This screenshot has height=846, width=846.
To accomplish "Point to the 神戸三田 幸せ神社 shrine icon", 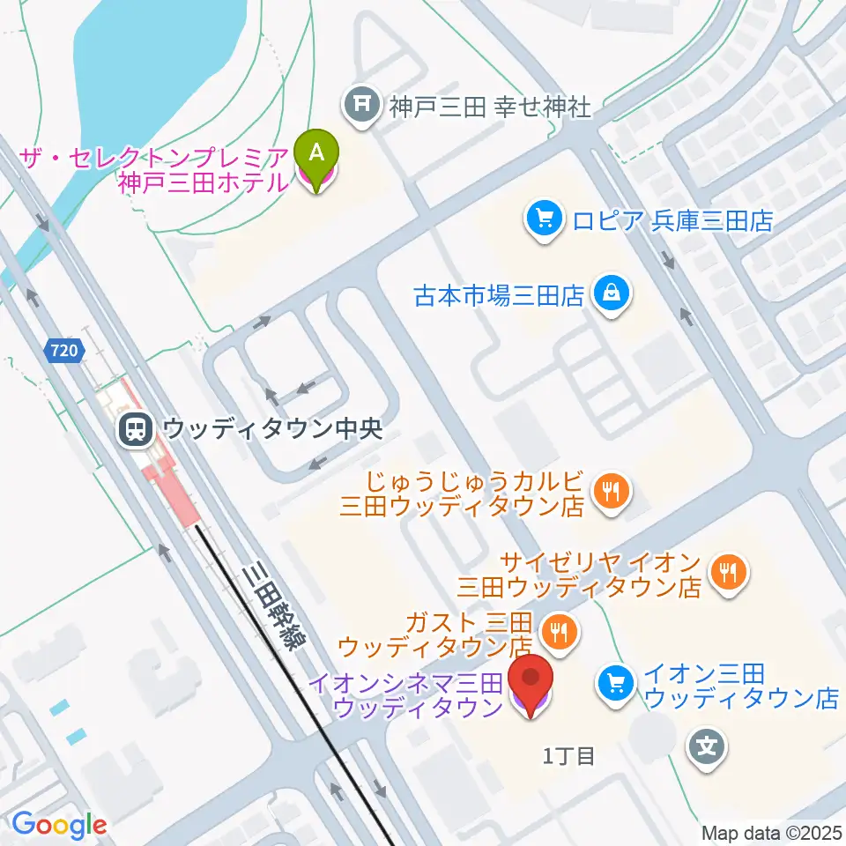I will tap(362, 107).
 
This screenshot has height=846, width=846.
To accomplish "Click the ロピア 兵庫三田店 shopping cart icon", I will tap(544, 218).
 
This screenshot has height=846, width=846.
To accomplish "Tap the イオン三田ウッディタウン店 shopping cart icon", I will tap(614, 685).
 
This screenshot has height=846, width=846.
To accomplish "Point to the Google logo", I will tap(59, 824).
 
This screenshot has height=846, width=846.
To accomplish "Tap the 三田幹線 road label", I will tap(272, 612).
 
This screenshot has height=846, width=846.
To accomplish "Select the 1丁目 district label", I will tap(569, 755).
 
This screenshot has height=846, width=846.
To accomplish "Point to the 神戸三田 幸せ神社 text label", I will tap(490, 108).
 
